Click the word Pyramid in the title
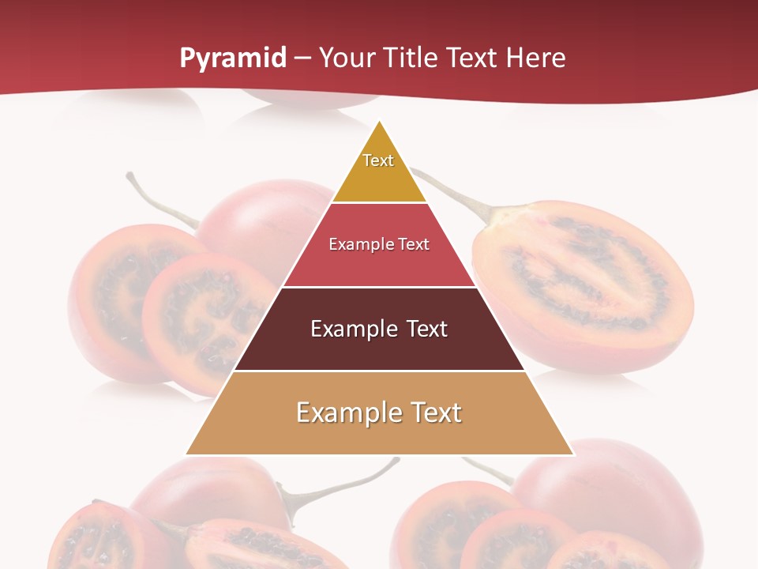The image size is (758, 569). point(232,58)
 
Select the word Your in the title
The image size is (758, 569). point(347,58)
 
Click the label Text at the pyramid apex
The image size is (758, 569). point(378,160)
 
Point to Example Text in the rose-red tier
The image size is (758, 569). point(379,244)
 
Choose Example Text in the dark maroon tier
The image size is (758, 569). point(379,329)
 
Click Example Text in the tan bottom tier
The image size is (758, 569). point(379,413)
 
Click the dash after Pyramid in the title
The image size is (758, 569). point(302,58)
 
